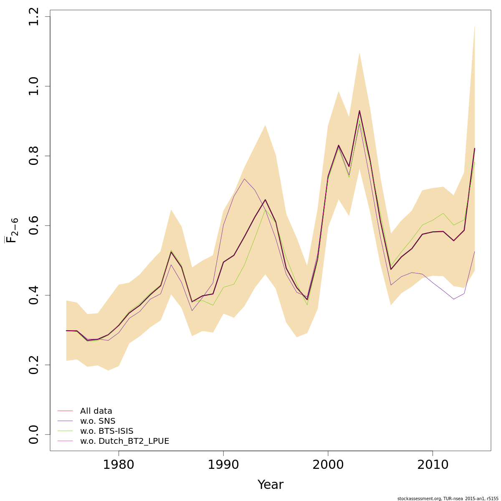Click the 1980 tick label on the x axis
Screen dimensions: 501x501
click(119, 465)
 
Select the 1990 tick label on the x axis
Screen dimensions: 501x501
click(223, 465)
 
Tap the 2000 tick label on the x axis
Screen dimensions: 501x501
click(328, 465)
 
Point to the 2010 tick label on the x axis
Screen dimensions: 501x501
click(433, 465)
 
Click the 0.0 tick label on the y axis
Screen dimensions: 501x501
click(34, 434)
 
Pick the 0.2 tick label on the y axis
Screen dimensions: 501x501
click(34, 364)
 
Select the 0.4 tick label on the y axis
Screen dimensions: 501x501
click(34, 295)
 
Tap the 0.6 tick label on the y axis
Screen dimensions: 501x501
click(34, 225)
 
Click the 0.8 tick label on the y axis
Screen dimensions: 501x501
click(34, 156)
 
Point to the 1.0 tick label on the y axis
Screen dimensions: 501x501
click(34, 86)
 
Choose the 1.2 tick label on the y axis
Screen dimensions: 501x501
click(34, 17)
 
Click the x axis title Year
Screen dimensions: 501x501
click(270, 485)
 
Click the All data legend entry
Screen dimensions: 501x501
click(96, 411)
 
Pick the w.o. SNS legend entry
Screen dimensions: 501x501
click(98, 421)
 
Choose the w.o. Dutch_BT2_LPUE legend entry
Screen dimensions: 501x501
click(124, 441)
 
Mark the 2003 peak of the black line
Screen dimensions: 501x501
click(359, 111)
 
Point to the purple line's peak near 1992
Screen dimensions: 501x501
click(244, 179)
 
